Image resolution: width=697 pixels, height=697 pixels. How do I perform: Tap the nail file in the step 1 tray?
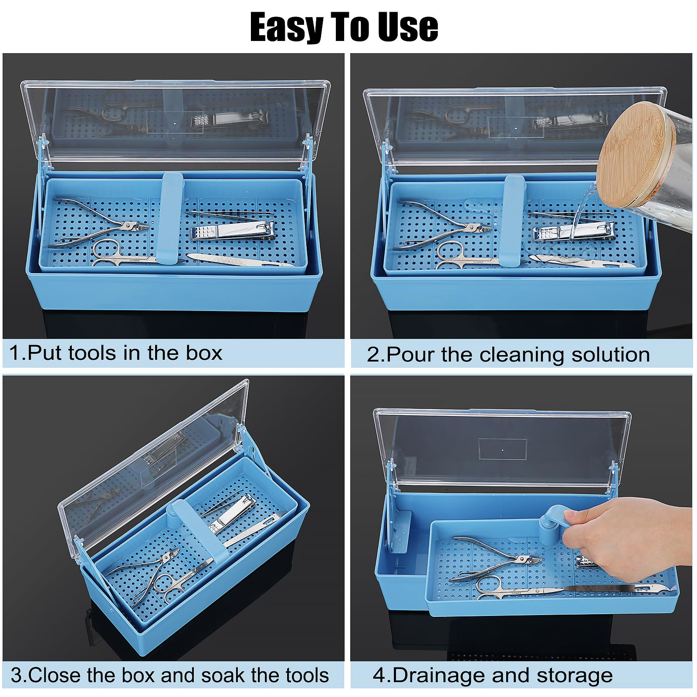coord(240,260)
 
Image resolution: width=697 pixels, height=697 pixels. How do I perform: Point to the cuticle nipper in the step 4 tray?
coord(497,560)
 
